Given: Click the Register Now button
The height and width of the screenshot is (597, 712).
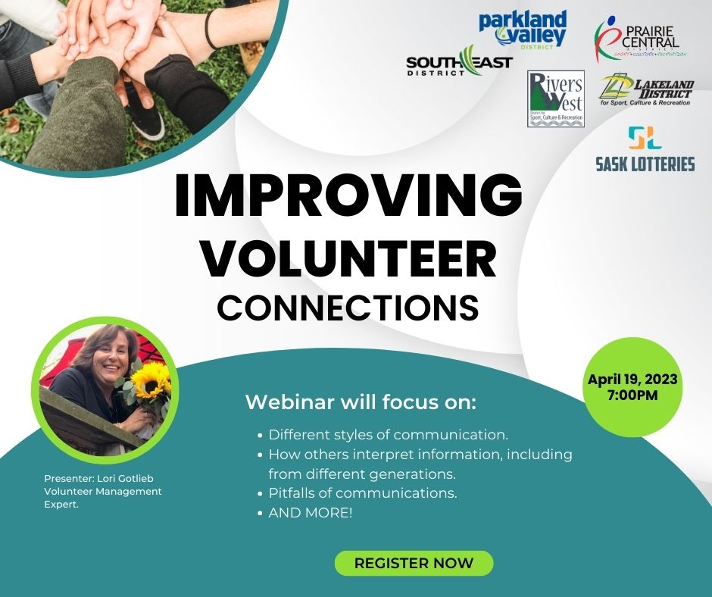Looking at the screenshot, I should tap(414, 563).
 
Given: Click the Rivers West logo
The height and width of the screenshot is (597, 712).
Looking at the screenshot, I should tap(556, 98).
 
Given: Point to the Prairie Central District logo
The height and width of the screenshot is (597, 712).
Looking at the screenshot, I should tap(641, 39).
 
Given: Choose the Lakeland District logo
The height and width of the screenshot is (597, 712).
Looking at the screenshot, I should tap(646, 90).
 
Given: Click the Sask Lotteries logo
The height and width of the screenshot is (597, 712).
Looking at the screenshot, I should tap(645, 150).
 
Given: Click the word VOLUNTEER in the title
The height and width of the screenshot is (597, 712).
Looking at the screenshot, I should tap(348, 259).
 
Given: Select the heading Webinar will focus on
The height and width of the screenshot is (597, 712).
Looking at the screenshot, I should tap(361, 402).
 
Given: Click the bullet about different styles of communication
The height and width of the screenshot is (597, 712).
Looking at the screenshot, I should tap(388, 436).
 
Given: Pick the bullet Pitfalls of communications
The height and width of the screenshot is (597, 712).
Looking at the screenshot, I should tap(363, 493).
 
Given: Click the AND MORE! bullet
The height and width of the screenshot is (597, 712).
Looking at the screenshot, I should tap(311, 513).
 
